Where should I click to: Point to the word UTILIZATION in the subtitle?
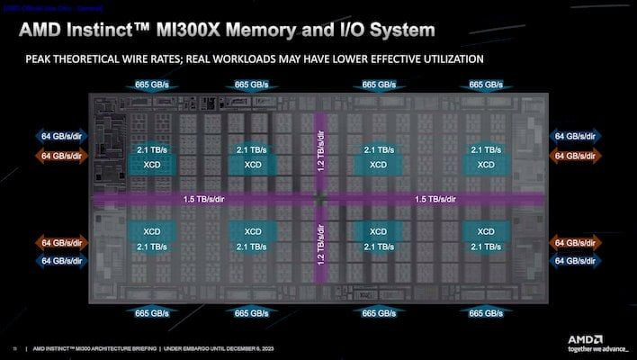coord(437,59)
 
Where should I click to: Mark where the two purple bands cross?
coord(319,198)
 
